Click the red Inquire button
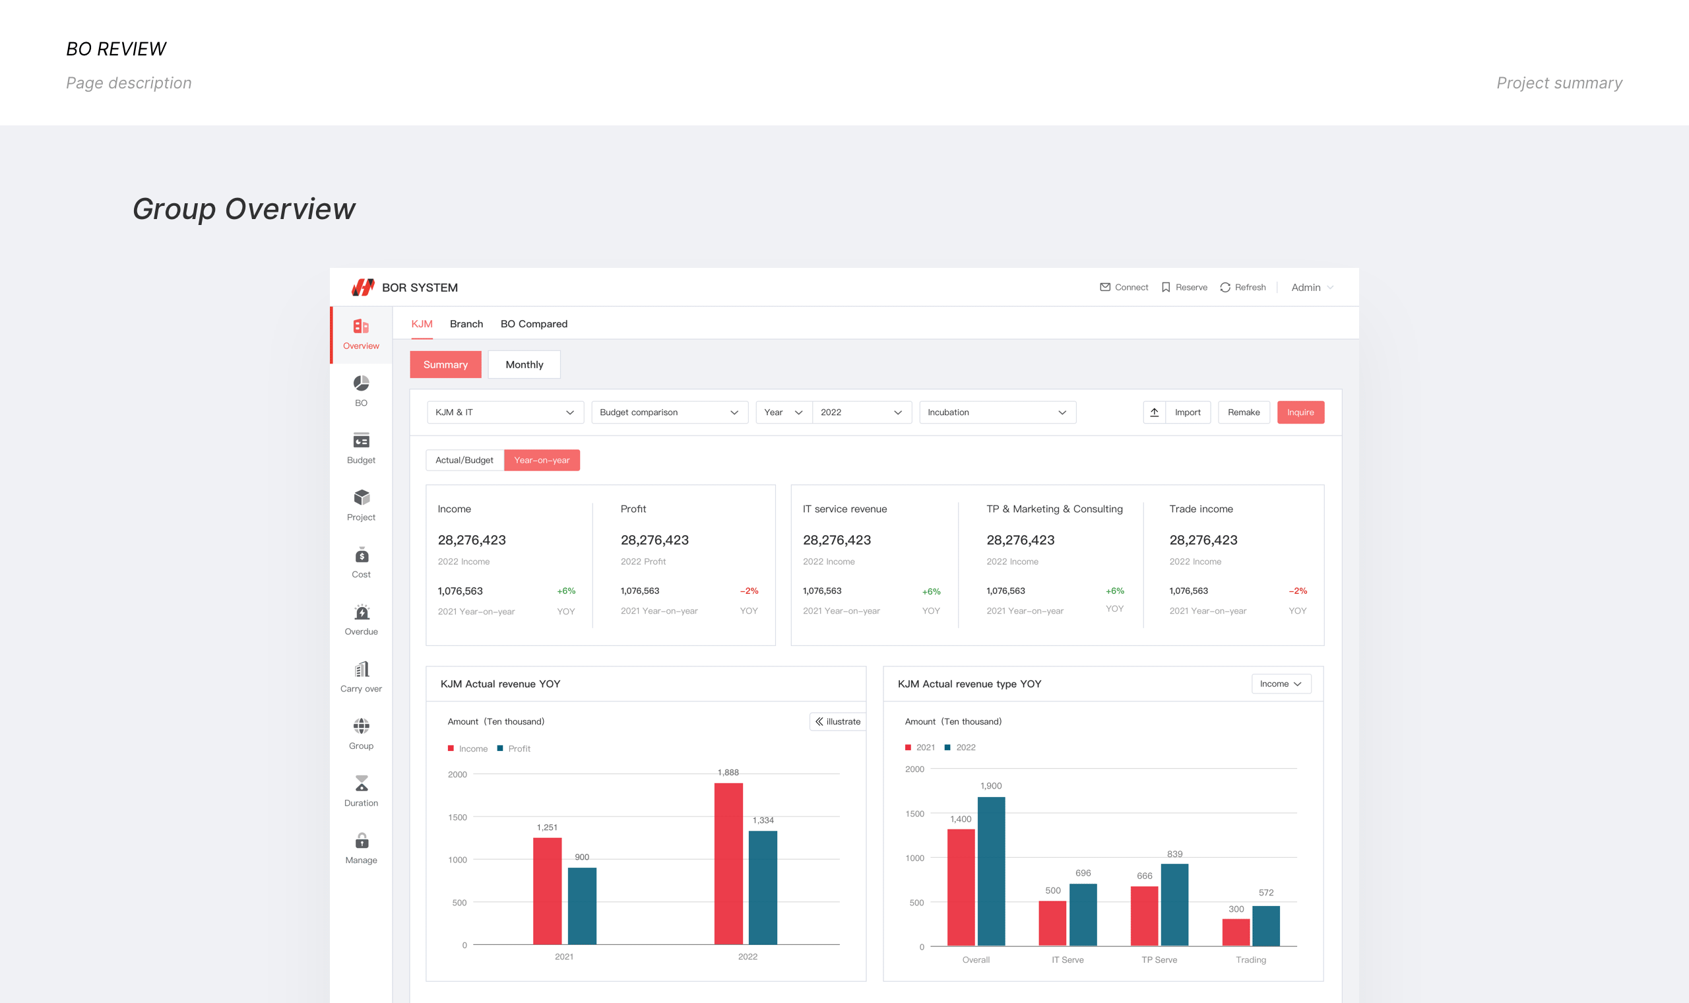point(1300,412)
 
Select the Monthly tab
point(525,364)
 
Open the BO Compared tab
point(534,324)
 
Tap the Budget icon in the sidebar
point(362,441)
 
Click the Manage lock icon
point(362,840)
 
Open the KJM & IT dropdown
point(505,412)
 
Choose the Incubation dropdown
point(997,412)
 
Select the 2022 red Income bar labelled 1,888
point(728,864)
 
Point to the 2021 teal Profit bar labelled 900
point(582,907)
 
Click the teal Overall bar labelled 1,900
point(991,871)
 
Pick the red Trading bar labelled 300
point(1236,932)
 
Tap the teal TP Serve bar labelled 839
point(1174,905)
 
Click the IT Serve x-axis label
point(1068,959)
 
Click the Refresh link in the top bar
point(1242,287)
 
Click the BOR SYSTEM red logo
point(363,287)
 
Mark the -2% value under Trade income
point(1298,591)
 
